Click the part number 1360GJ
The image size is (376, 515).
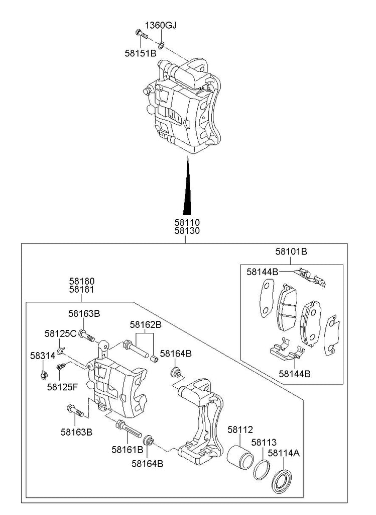(161, 25)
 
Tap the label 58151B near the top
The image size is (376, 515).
(141, 52)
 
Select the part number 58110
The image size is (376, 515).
(187, 222)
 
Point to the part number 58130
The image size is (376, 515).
(187, 231)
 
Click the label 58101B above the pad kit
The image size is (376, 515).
(291, 251)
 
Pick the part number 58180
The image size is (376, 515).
(81, 281)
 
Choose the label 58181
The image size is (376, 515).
(81, 290)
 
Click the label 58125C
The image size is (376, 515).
(60, 333)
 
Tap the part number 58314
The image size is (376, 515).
(42, 356)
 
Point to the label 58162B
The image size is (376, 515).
(146, 325)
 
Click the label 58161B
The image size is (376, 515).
(128, 449)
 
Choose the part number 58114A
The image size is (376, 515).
(284, 453)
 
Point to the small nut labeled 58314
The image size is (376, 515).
(44, 374)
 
